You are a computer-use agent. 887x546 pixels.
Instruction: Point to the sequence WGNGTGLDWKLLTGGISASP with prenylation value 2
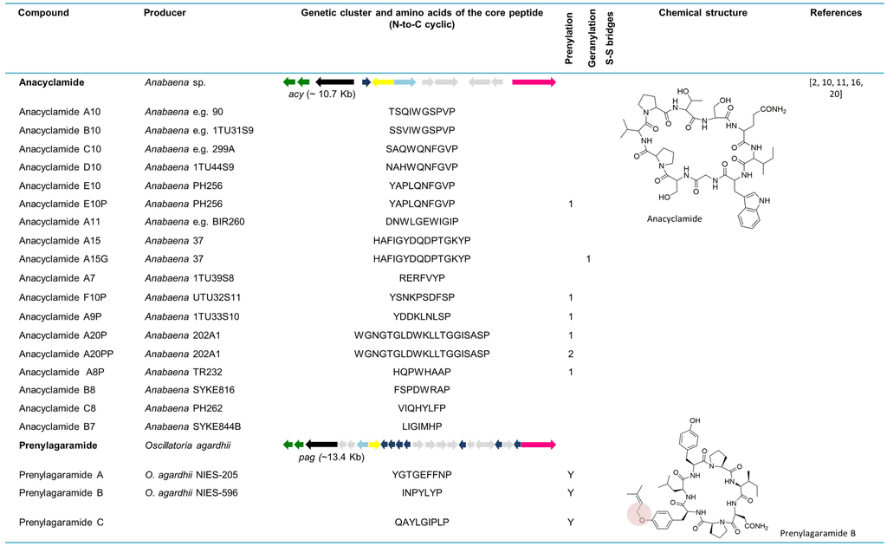point(422,353)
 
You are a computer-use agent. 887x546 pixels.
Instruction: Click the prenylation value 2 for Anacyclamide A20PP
point(570,353)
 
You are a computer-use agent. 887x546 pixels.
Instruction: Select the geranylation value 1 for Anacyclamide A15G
point(589,259)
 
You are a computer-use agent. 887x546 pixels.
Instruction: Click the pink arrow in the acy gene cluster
point(533,81)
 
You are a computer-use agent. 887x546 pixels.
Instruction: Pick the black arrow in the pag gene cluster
point(321,445)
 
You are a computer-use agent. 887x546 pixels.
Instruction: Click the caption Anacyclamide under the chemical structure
point(674,218)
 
